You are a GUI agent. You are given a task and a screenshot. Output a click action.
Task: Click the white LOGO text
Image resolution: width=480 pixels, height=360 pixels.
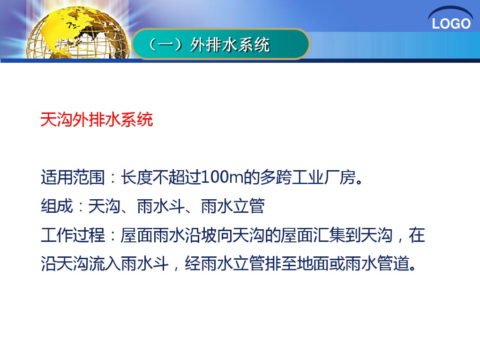451,24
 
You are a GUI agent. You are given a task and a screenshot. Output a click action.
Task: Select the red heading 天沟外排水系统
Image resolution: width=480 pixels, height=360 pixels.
97,120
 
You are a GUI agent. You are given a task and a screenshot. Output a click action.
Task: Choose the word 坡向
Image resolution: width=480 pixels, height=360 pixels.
217,235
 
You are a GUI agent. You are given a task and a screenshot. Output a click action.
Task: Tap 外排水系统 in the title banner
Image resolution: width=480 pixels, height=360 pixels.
230,45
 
